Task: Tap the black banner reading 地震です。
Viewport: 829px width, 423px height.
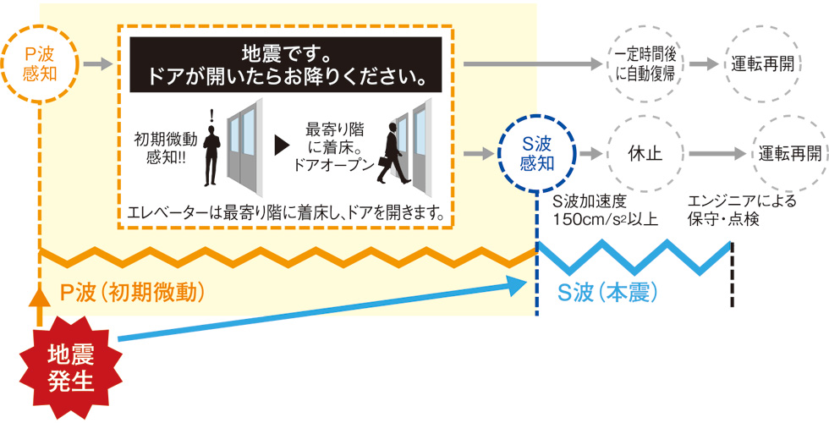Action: pyautogui.click(x=286, y=65)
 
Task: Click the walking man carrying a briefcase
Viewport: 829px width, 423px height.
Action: pyautogui.click(x=393, y=153)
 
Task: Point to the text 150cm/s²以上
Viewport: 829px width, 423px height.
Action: pyautogui.click(x=605, y=219)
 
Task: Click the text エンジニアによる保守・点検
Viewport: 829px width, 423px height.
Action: pyautogui.click(x=742, y=211)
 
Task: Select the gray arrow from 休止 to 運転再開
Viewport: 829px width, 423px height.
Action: pyautogui.click(x=716, y=154)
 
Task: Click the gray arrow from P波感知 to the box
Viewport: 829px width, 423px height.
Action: pyautogui.click(x=98, y=65)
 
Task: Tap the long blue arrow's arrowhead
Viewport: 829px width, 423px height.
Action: pyautogui.click(x=518, y=285)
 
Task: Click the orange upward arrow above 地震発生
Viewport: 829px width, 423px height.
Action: pyautogui.click(x=40, y=306)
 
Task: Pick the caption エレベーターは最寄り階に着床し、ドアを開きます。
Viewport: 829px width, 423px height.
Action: pyautogui.click(x=286, y=215)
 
